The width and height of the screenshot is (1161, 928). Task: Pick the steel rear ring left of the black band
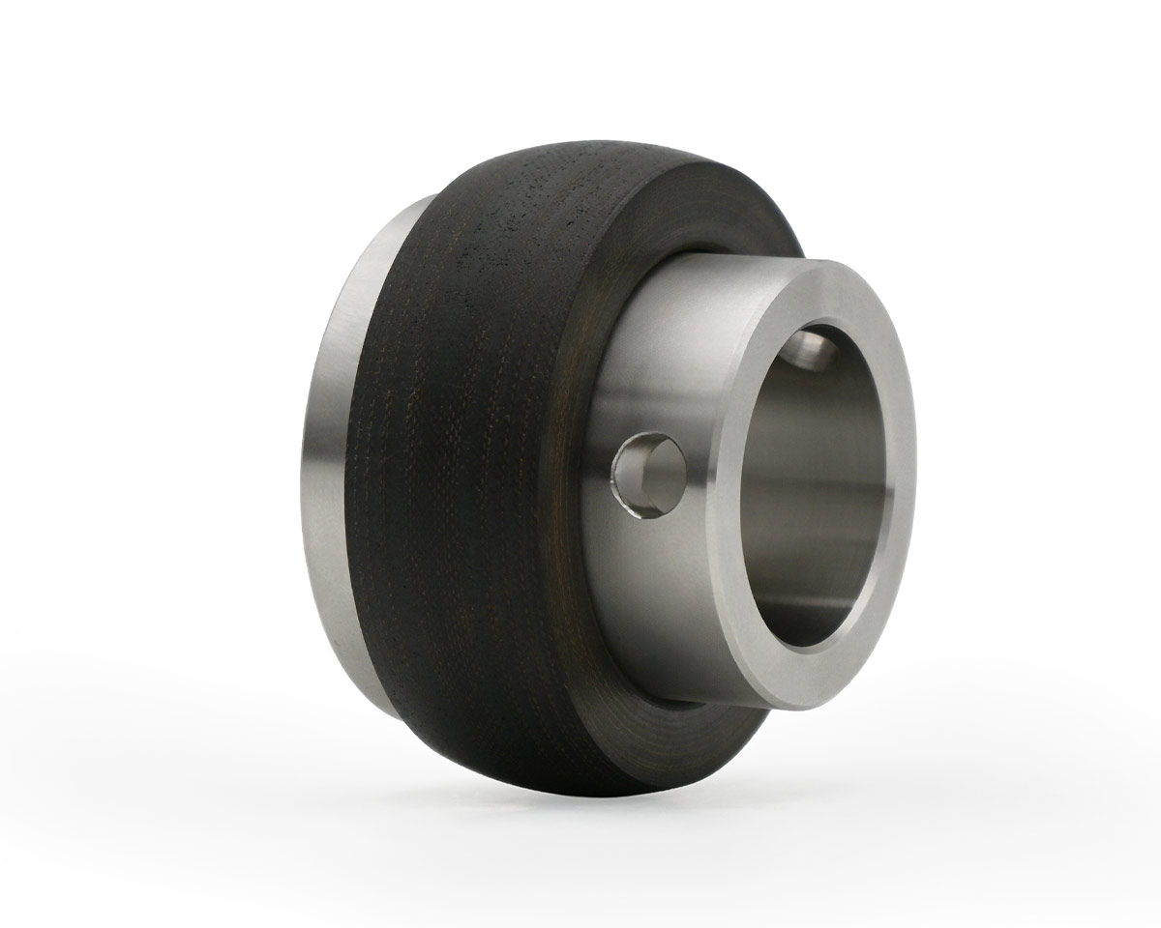click(334, 464)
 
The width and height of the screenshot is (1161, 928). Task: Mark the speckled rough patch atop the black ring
click(522, 203)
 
